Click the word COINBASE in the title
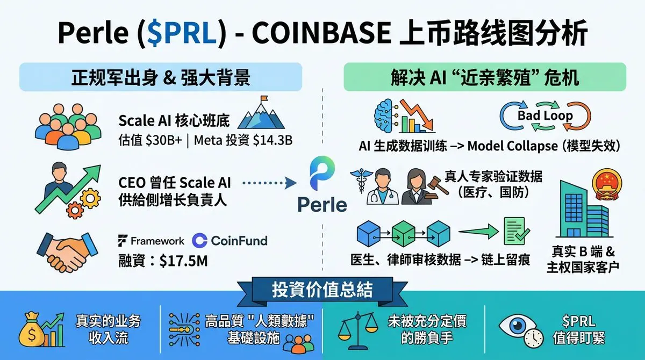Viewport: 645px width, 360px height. pyautogui.click(x=320, y=33)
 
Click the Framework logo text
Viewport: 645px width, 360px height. pyautogui.click(x=151, y=241)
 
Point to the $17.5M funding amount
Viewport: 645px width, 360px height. pyautogui.click(x=183, y=262)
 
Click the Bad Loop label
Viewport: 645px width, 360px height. pyautogui.click(x=545, y=116)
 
